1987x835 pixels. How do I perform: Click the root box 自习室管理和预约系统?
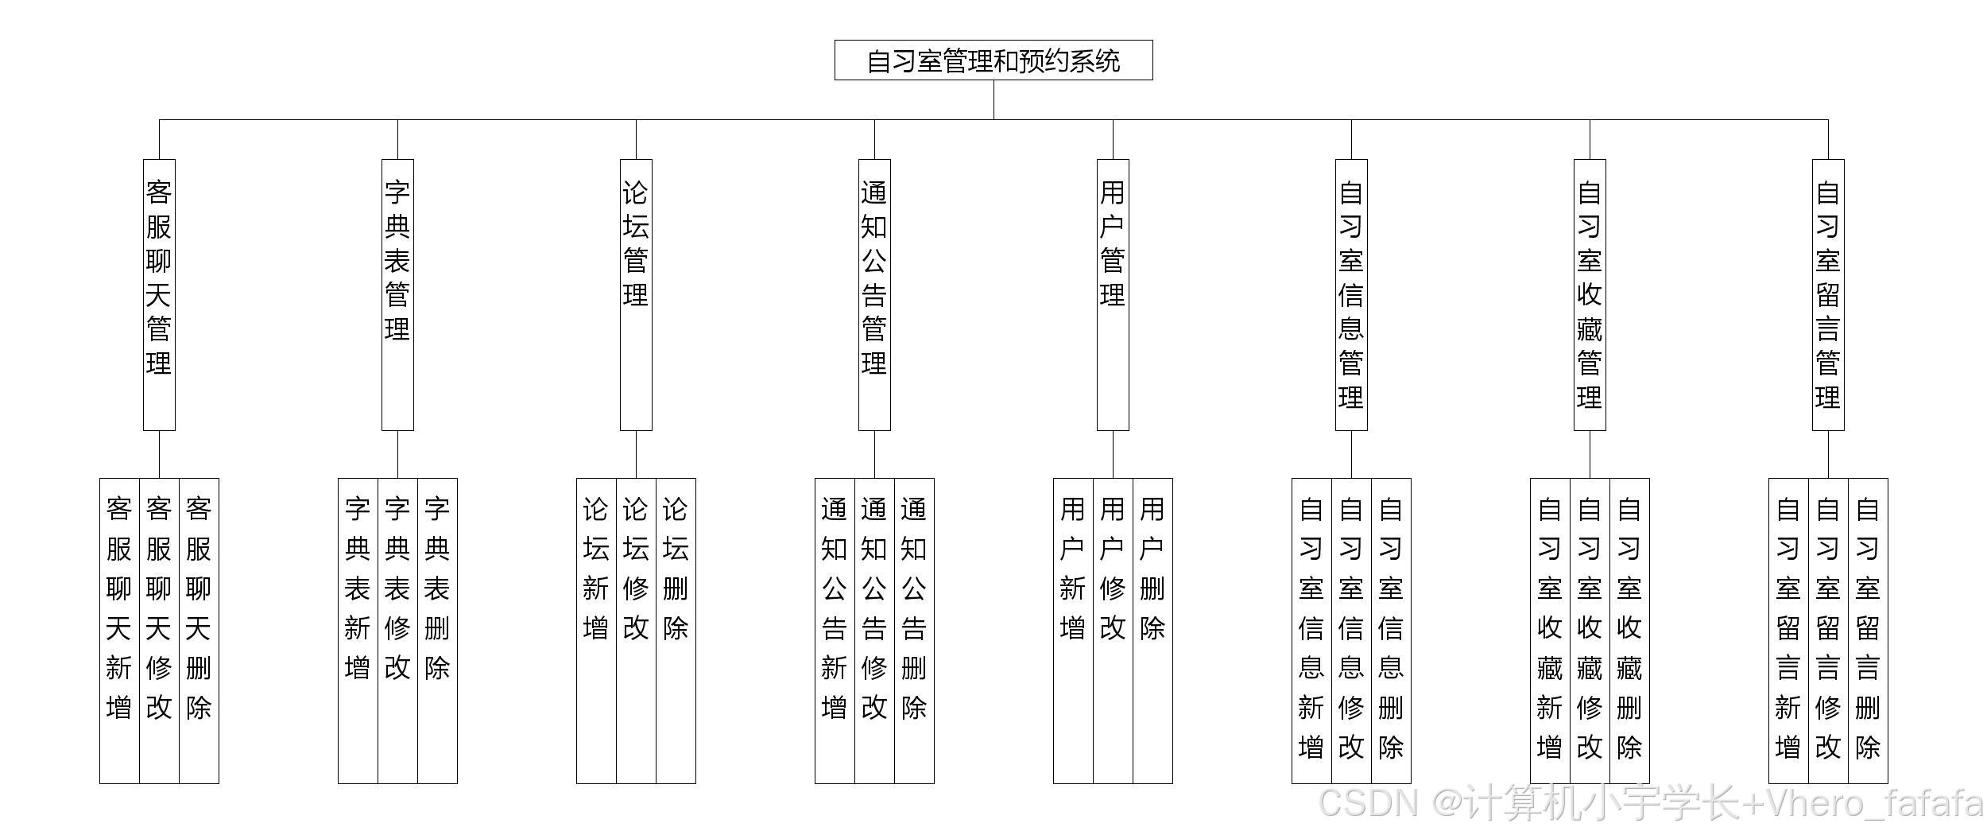pyautogui.click(x=993, y=60)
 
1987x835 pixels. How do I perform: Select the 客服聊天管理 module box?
pyautogui.click(x=159, y=294)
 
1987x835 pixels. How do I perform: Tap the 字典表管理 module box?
pyautogui.click(x=397, y=294)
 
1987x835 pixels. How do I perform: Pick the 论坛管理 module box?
pyautogui.click(x=636, y=294)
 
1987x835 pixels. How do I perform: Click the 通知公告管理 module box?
pyautogui.click(x=874, y=294)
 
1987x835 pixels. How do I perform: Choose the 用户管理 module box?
pyautogui.click(x=1113, y=294)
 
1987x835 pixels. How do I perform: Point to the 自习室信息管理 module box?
pyautogui.click(x=1351, y=294)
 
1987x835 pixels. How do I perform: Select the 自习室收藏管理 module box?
pyautogui.click(x=1590, y=294)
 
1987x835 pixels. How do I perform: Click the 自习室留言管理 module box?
pyautogui.click(x=1828, y=294)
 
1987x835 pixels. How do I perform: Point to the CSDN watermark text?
pyautogui.click(x=1650, y=803)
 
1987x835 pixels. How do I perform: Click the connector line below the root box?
pyautogui.click(x=993, y=99)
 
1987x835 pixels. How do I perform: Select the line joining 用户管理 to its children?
pyautogui.click(x=1113, y=454)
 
